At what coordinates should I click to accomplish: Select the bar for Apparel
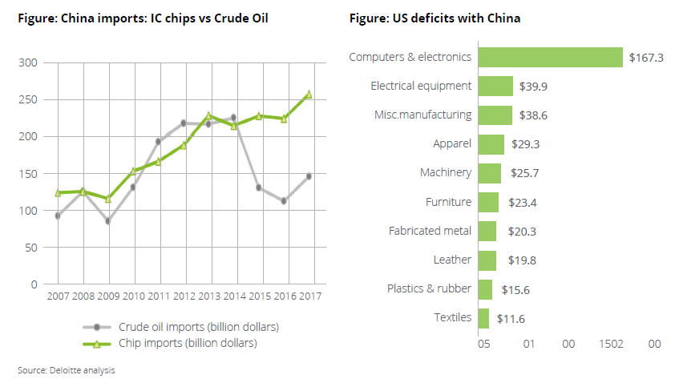491,144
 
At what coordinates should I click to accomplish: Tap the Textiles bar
483,318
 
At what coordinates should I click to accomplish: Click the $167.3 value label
647,58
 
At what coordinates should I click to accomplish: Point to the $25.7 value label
524,173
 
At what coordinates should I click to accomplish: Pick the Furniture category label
447,202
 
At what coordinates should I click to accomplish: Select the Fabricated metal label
430,231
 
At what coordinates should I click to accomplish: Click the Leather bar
487,260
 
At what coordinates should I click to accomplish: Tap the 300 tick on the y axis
27,62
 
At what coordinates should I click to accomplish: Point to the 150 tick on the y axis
27,174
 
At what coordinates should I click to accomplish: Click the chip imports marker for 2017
309,95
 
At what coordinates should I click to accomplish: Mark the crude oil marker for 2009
107,221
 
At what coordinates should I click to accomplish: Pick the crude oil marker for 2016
284,201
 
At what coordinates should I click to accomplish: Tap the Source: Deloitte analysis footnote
67,370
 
